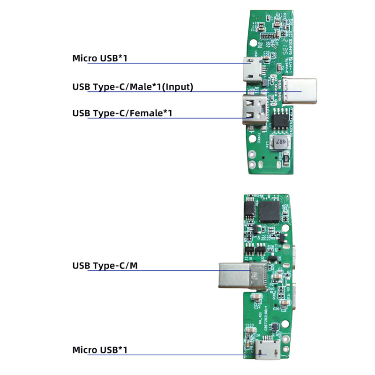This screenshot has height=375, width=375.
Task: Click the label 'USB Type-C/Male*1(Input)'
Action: click(x=133, y=87)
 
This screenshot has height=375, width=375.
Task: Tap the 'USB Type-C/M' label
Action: click(x=105, y=266)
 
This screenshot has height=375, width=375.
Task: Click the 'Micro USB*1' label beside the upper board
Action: click(x=100, y=59)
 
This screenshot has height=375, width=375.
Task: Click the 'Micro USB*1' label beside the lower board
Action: click(x=100, y=350)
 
